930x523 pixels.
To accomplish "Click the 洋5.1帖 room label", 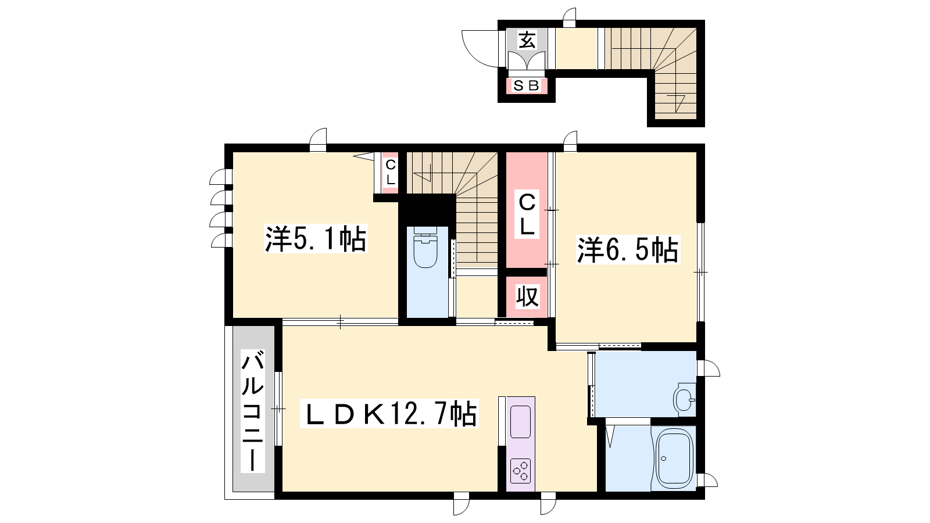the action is coord(316,239).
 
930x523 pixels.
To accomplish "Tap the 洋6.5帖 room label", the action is coord(628,249).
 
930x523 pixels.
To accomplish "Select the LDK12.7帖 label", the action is coord(389,413).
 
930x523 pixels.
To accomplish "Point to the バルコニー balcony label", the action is coord(253,410).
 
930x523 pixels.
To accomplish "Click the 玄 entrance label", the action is coord(527,40).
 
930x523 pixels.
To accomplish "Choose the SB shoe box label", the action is coord(526,86).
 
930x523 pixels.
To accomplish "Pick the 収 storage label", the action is coord(527,296).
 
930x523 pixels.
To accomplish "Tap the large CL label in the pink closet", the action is coord(527,214).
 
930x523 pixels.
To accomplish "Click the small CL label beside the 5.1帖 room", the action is coord(390,172).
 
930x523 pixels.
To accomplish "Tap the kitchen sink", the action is coord(520,421).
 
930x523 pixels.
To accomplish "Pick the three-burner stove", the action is coord(520,471).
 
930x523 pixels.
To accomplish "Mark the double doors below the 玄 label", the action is coord(527,61).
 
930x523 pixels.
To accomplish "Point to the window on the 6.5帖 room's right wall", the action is coord(700,273).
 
